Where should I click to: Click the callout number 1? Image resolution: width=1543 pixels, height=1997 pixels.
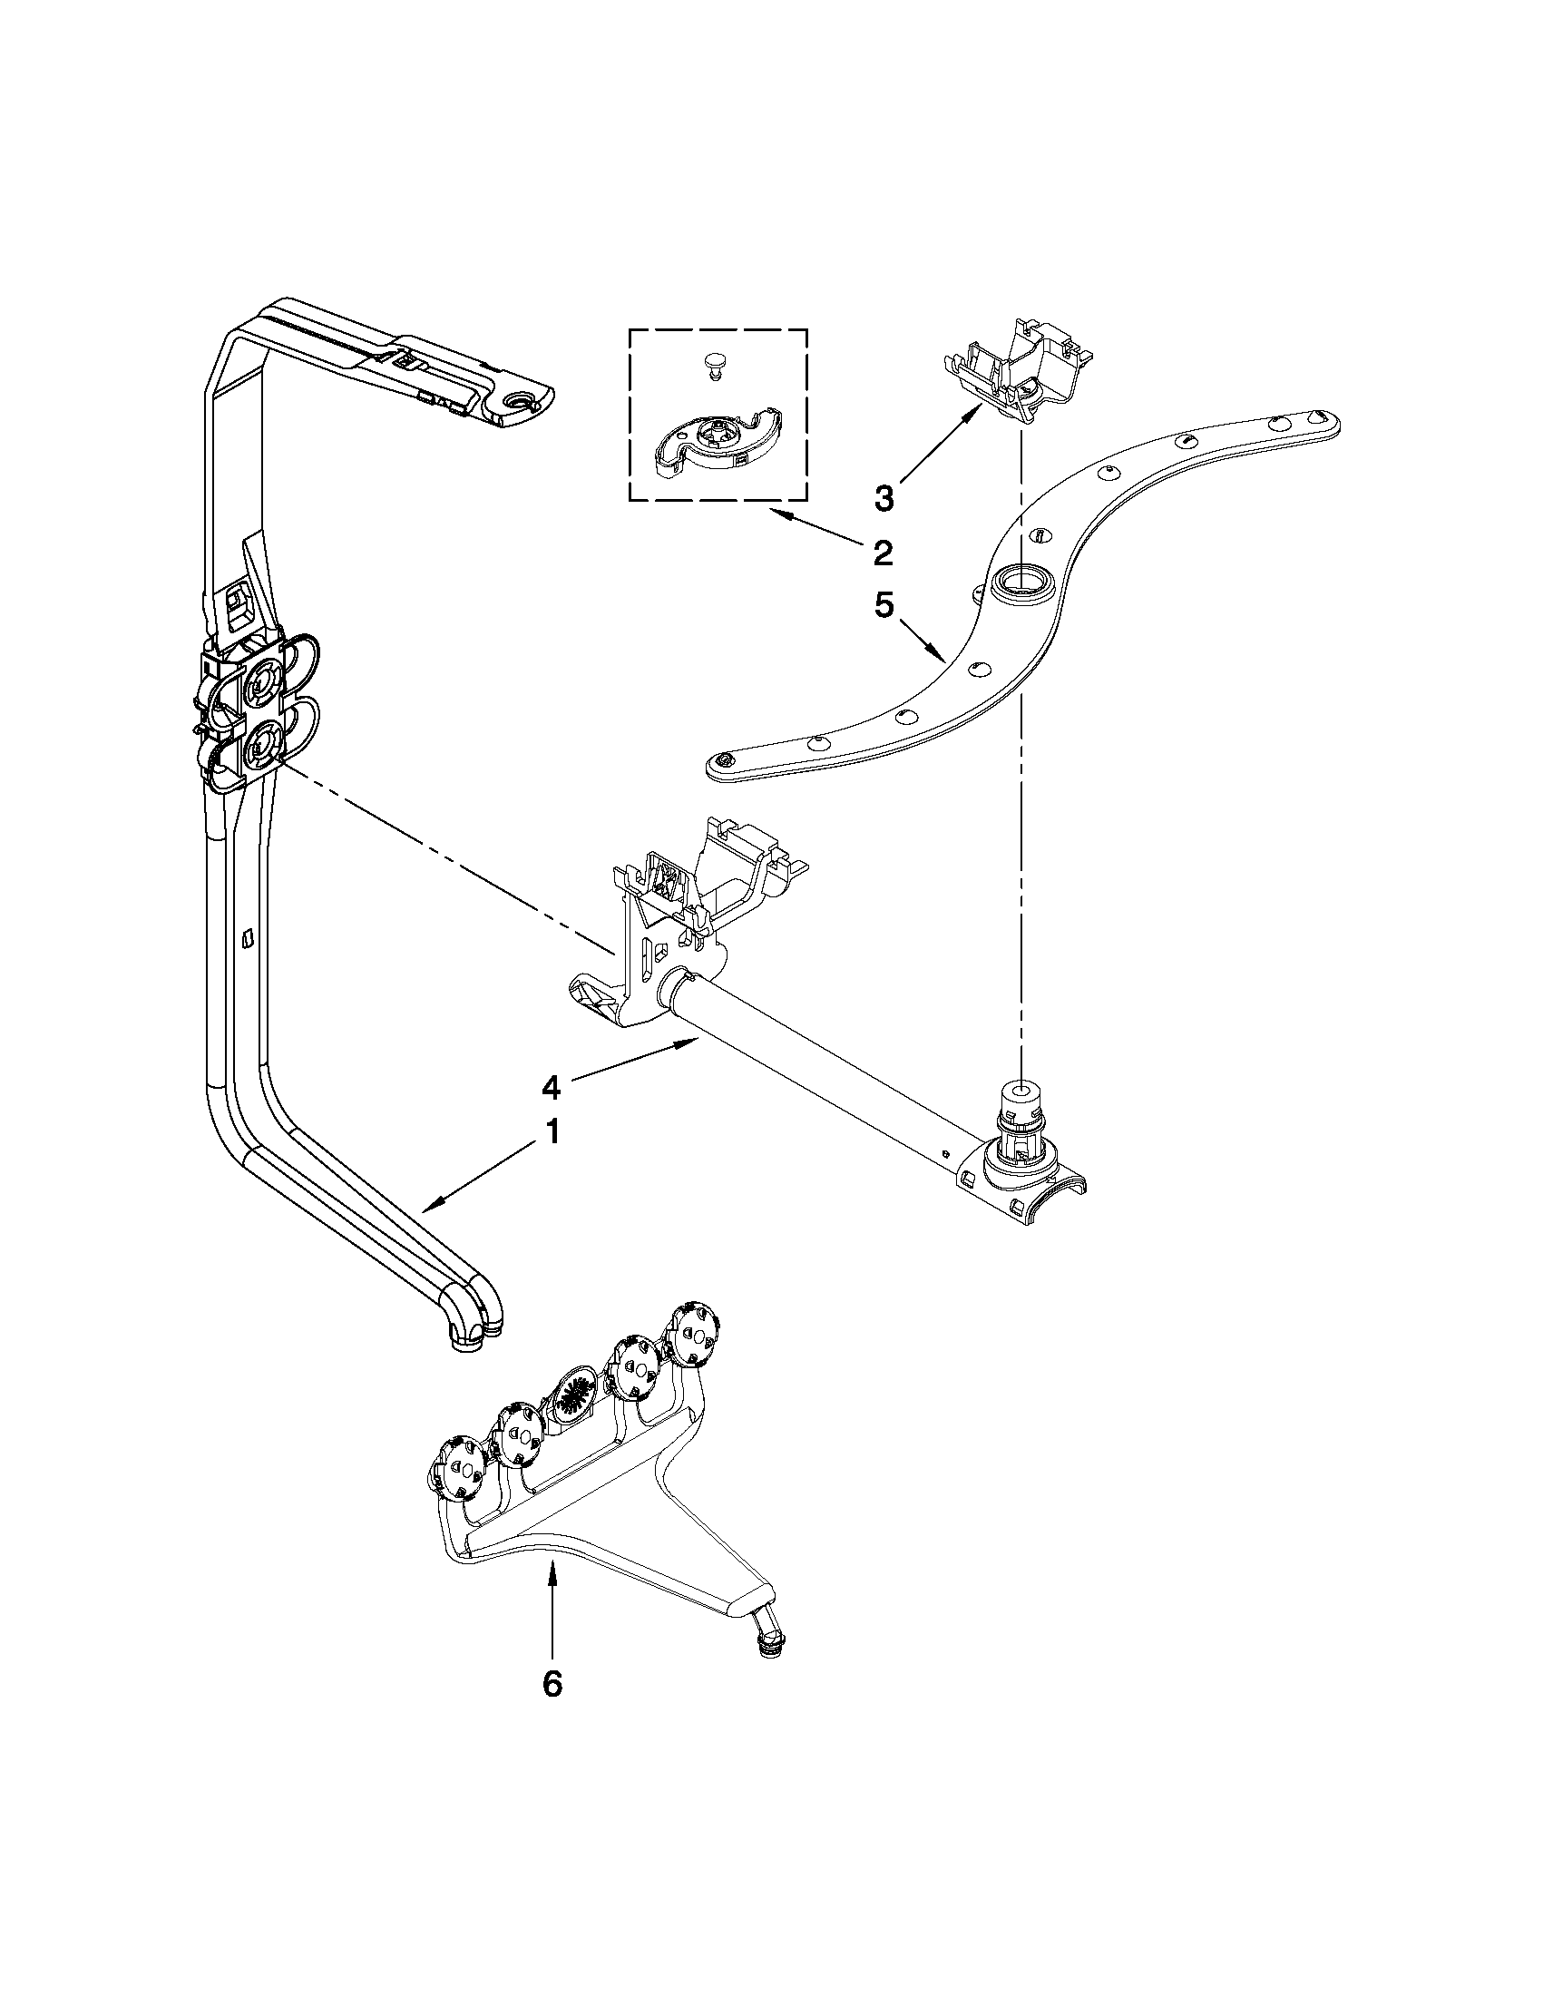pyautogui.click(x=551, y=1132)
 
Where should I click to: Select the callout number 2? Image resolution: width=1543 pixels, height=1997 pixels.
pyautogui.click(x=882, y=552)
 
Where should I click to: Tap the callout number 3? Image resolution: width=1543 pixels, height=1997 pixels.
pyautogui.click(x=884, y=498)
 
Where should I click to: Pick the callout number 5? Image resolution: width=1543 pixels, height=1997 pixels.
pyautogui.click(x=882, y=605)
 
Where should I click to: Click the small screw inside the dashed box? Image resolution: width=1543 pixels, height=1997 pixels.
pyautogui.click(x=714, y=366)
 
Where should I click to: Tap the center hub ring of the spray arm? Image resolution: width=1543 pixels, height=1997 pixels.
pyautogui.click(x=1022, y=580)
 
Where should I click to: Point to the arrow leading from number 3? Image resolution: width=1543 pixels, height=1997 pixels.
pyautogui.click(x=942, y=445)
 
